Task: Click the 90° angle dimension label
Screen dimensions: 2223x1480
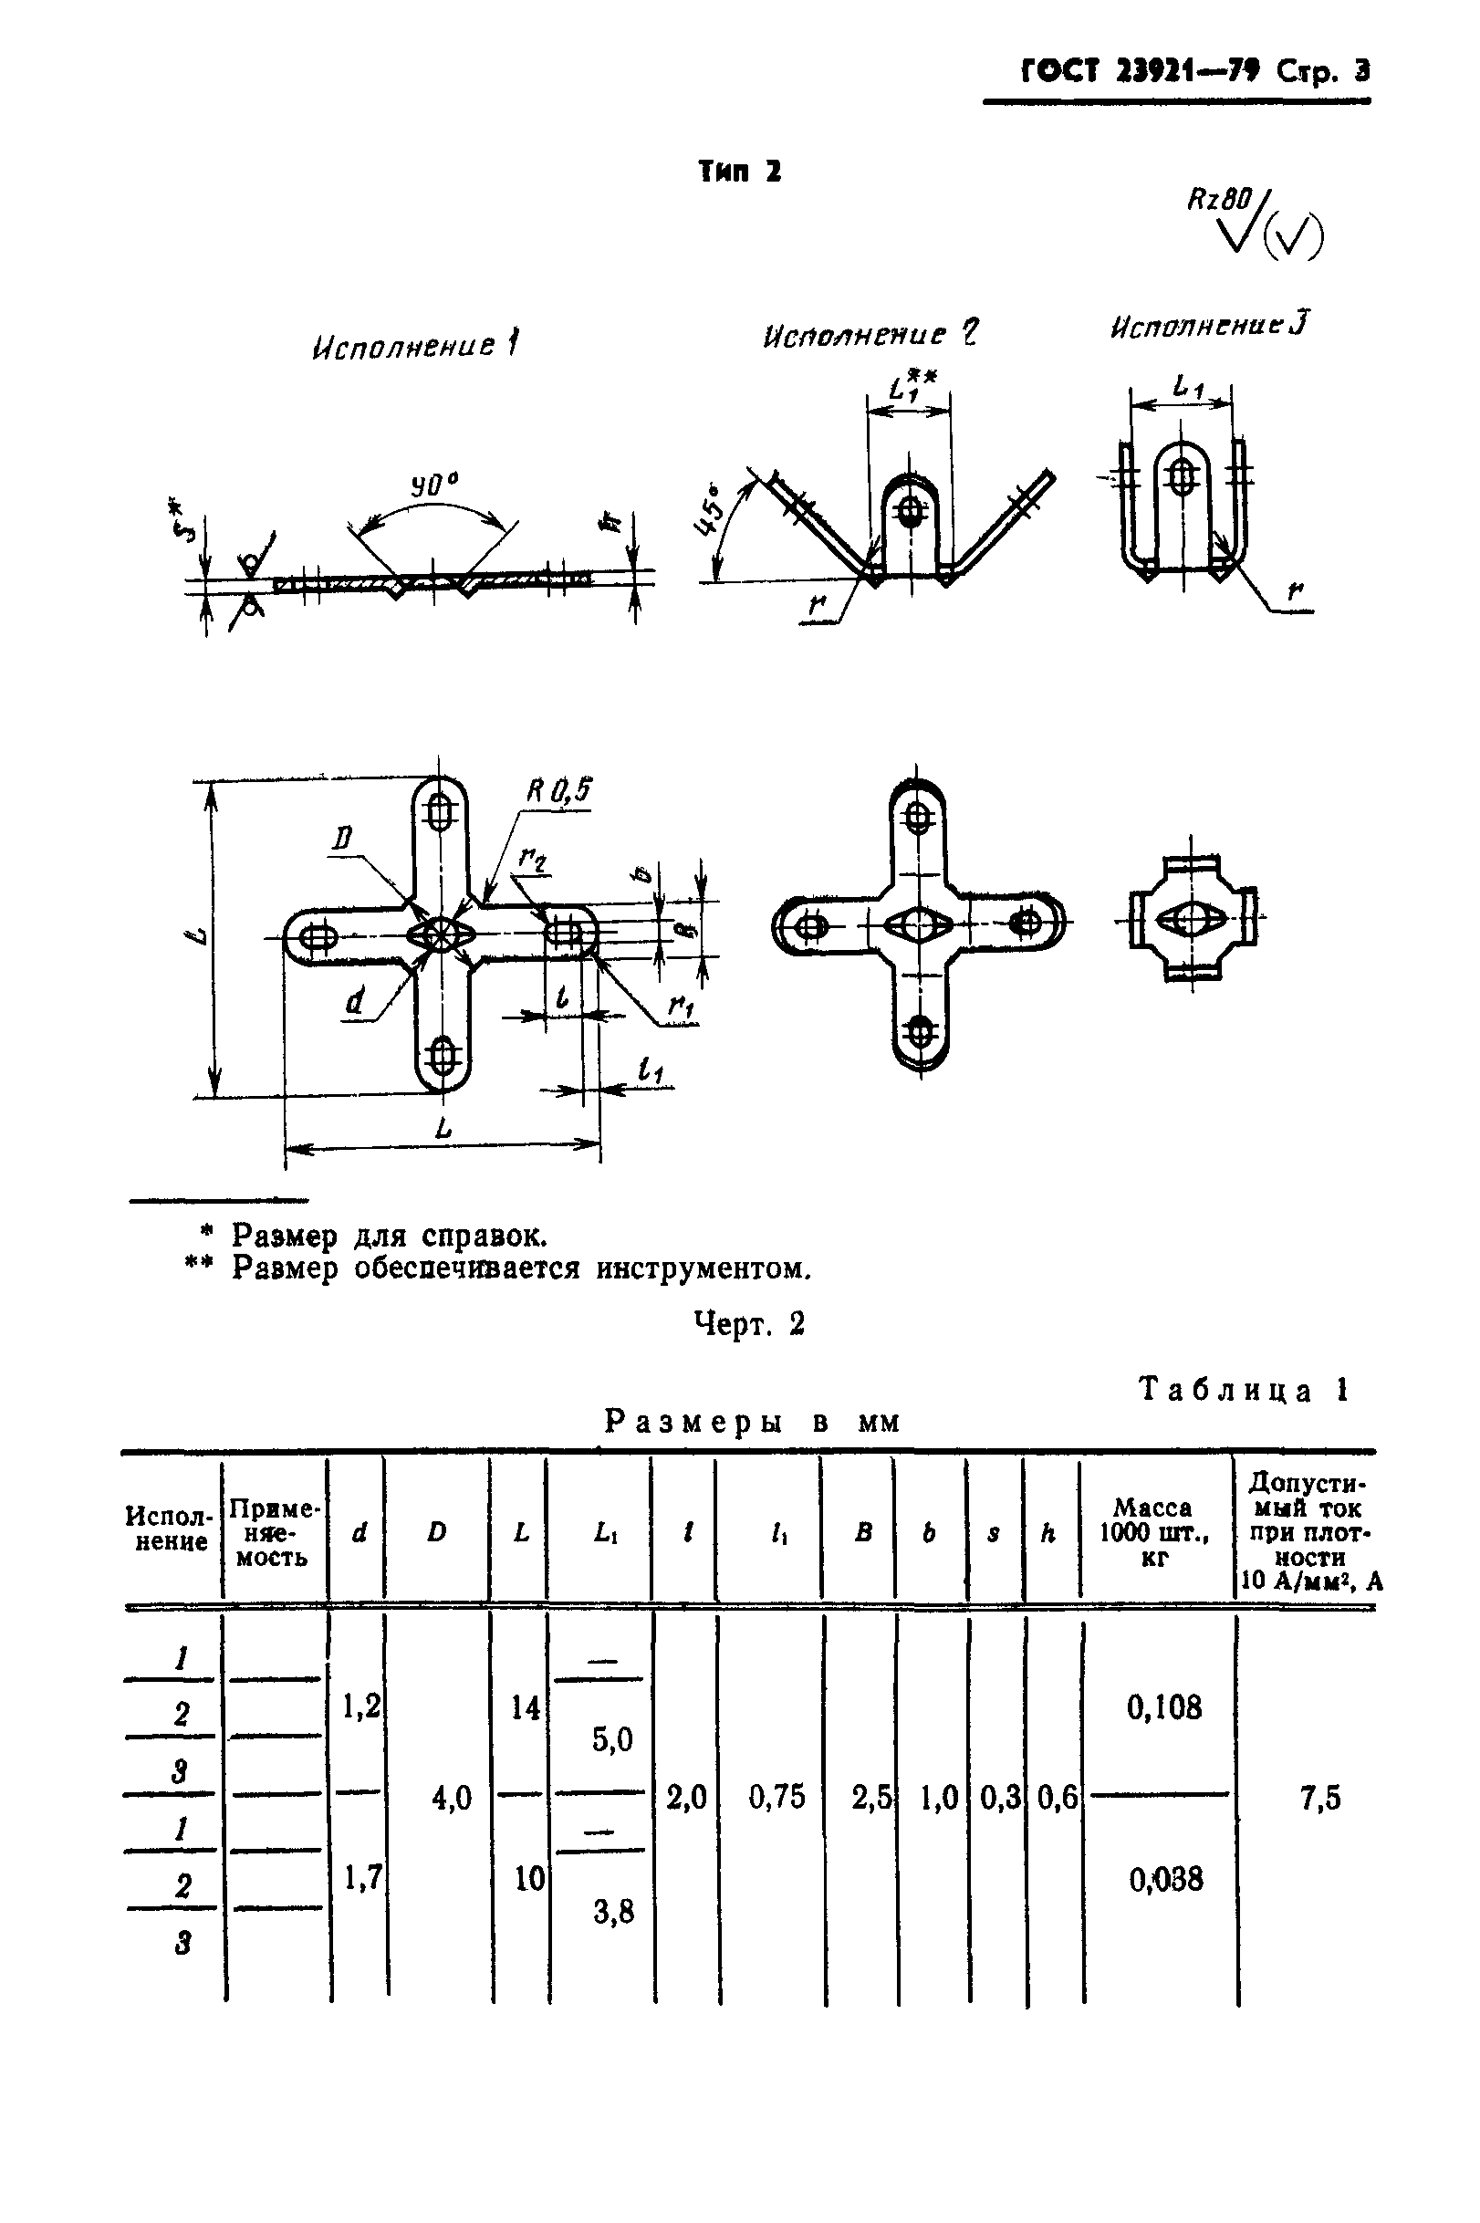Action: coord(433,487)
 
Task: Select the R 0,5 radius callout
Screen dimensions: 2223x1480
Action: coord(558,790)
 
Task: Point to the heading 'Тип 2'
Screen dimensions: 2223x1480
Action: coord(740,172)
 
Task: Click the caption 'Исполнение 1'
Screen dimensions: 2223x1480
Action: coord(414,346)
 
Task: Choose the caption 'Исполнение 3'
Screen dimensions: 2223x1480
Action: coord(1209,327)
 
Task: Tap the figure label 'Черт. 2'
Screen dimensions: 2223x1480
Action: coord(749,1323)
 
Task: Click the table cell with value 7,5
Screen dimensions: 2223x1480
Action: coord(1319,1799)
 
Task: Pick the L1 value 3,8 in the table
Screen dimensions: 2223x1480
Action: coord(612,1913)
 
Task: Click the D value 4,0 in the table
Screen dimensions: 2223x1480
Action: coord(450,1799)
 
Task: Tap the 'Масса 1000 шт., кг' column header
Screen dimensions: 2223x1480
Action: coord(1152,1532)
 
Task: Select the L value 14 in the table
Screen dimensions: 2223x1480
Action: coord(525,1706)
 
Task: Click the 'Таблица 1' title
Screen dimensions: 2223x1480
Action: coord(1243,1391)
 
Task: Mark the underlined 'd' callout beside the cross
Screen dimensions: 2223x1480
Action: coord(355,1000)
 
